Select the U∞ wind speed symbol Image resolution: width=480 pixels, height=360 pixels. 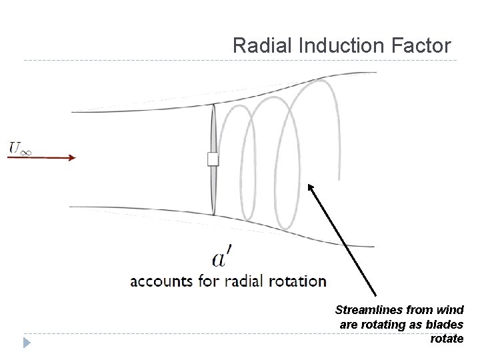20,147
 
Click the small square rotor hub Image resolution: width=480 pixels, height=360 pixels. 213,159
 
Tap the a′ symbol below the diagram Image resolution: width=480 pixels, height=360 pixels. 222,259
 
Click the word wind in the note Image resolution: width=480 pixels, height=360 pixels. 449,310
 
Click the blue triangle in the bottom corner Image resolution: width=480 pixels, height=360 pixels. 26,343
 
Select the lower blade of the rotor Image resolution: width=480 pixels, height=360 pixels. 213,190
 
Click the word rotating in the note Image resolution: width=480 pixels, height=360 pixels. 383,325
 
